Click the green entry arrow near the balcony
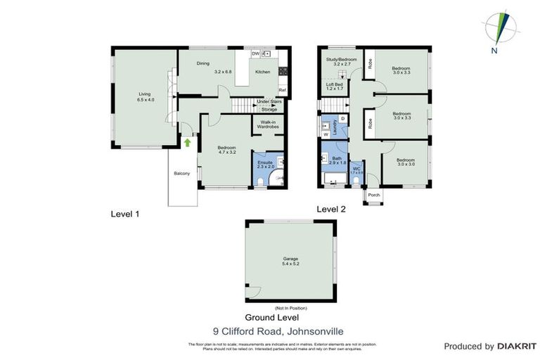[x=188, y=143]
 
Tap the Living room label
[x=145, y=97]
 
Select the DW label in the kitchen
[x=255, y=53]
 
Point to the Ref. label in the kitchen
[x=282, y=90]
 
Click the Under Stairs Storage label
[x=269, y=106]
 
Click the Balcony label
[x=183, y=174]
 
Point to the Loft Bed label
[x=334, y=86]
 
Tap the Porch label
[x=374, y=195]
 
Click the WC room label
[x=356, y=171]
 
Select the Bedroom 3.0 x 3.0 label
[x=404, y=162]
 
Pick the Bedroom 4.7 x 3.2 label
[x=225, y=150]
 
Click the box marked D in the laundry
[x=342, y=118]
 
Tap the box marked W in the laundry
[x=326, y=134]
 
